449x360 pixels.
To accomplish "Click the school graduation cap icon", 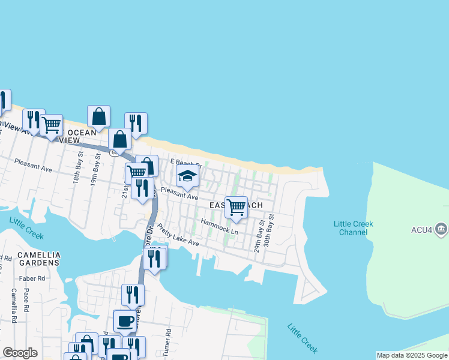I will click(187, 177).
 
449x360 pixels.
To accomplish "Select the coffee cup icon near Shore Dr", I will click(125, 321).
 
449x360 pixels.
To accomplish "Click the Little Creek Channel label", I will click(354, 228).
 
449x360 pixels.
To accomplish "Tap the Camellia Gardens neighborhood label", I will click(39, 259).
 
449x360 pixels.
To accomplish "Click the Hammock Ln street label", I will click(219, 227).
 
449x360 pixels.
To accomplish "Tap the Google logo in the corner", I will click(20, 353).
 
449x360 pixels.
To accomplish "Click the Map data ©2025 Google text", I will click(412, 355).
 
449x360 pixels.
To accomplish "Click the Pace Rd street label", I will click(26, 300).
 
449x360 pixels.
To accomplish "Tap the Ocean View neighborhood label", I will click(74, 136).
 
